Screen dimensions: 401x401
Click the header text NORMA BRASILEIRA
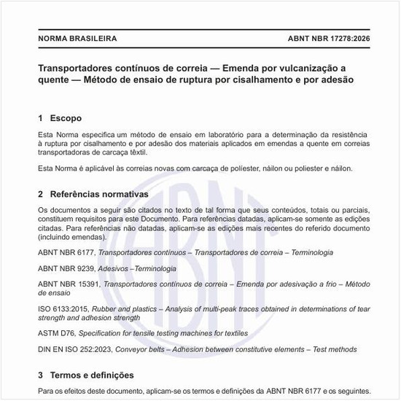coord(77,38)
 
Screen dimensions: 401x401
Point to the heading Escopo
coord(66,118)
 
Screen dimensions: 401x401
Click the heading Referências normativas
coord(99,195)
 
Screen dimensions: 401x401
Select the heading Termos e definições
coord(92,375)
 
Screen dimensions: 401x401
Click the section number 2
coord(40,195)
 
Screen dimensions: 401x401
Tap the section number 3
coord(40,375)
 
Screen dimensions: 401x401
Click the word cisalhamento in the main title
coord(245,80)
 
